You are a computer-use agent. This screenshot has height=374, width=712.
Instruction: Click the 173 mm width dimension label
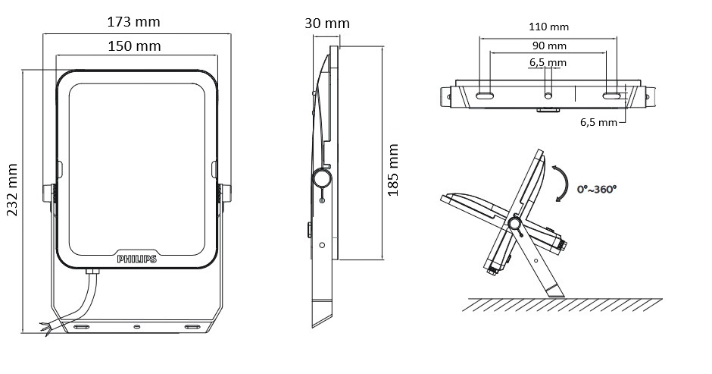pos(133,21)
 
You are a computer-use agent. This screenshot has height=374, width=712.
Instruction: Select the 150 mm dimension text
pos(134,46)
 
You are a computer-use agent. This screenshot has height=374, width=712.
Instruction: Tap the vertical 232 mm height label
pos(12,190)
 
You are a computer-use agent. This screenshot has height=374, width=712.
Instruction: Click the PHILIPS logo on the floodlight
pos(136,259)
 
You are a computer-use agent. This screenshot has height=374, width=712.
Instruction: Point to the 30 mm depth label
pos(327,24)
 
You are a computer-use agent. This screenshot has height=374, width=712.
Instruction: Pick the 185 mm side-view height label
pos(393,170)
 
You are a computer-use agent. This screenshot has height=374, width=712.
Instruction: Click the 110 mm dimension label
pos(548,27)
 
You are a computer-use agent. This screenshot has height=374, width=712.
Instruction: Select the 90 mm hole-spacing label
pos(549,46)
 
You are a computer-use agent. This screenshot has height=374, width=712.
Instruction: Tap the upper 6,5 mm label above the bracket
pos(548,62)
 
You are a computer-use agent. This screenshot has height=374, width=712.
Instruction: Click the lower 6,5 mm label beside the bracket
pos(598,122)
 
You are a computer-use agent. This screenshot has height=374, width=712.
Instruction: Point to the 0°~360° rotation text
pos(597,189)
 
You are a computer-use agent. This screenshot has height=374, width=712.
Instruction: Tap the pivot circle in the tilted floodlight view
pos(514,223)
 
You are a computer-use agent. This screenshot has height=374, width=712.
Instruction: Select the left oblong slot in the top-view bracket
pos(485,96)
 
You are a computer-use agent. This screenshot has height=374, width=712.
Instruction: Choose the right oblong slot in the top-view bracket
pos(612,96)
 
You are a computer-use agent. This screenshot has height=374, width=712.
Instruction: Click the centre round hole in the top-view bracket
pos(548,96)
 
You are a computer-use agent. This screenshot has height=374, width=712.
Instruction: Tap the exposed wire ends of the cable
pos(45,328)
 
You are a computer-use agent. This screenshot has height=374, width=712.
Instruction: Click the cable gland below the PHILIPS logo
pos(92,272)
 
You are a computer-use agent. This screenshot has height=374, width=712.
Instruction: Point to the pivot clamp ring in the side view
pos(321,178)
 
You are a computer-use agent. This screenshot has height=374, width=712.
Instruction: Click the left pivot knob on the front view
pos(48,193)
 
